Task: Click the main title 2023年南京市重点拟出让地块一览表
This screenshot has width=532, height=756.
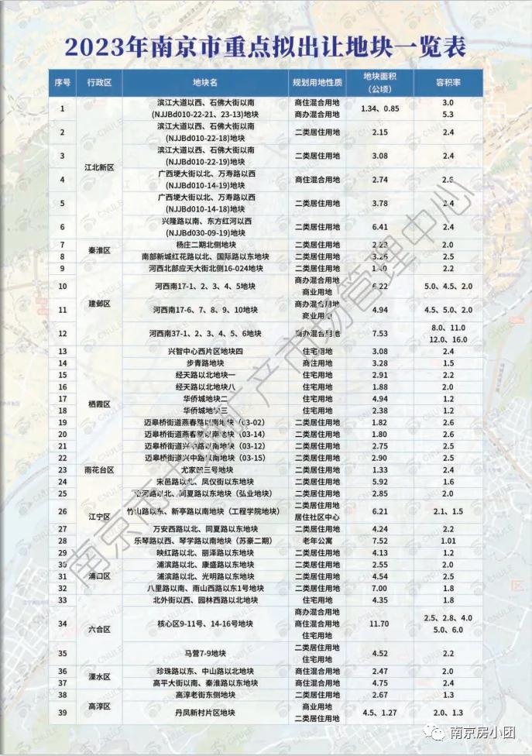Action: [x=266, y=47]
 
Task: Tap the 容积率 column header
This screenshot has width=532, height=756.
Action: [x=448, y=82]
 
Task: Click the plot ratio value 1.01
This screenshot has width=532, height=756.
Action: [x=448, y=541]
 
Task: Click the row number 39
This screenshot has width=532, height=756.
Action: [x=63, y=712]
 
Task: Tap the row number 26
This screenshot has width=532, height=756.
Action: [x=63, y=511]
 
